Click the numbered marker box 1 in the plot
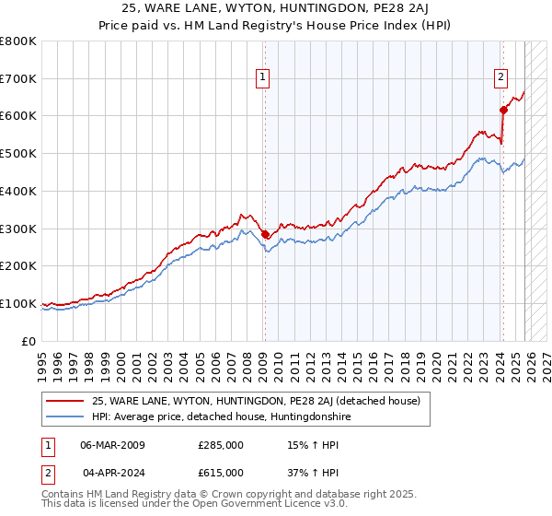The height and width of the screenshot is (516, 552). [263, 78]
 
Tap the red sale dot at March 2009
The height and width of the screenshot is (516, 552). [265, 234]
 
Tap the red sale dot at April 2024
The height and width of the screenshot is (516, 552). [503, 110]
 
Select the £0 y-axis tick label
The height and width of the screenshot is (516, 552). [29, 341]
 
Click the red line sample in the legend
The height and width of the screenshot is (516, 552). [65, 401]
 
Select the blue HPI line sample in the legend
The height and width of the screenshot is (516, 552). [65, 417]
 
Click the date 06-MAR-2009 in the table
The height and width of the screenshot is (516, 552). [112, 445]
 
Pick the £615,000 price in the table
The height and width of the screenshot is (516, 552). [220, 473]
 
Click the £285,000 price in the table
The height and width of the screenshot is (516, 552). [220, 445]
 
